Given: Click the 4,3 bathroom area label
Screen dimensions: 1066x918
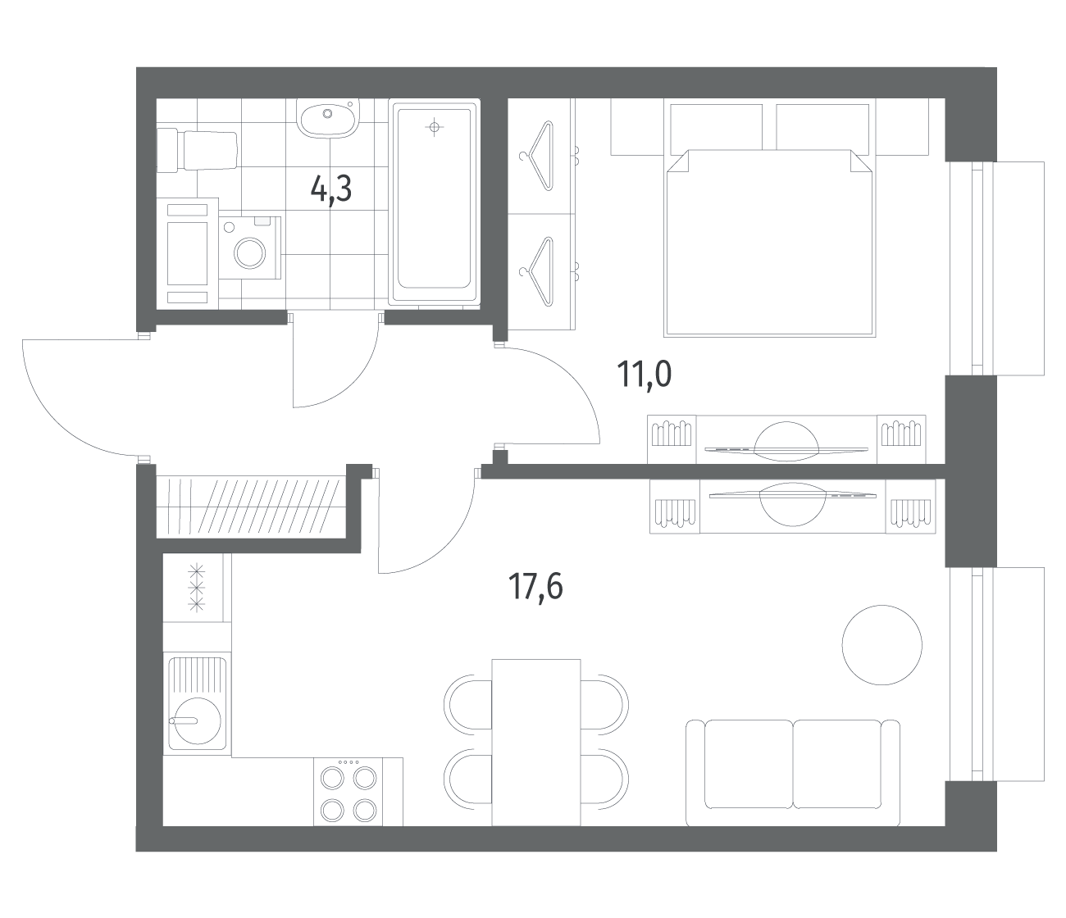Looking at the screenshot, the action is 331,189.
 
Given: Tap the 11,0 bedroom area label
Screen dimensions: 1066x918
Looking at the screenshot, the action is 645,375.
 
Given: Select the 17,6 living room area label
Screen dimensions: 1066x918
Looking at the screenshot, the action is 535,587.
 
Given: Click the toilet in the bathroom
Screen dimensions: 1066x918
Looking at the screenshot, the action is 197,151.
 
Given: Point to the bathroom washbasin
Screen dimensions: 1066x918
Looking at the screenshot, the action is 327,118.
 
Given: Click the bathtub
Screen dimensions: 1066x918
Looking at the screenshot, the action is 435,202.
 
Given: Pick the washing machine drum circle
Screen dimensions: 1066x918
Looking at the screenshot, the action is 249,253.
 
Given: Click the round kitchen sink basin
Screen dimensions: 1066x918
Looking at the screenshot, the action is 198,720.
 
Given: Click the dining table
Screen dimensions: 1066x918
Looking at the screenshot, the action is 535,743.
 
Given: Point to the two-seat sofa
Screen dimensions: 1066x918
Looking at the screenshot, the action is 793,773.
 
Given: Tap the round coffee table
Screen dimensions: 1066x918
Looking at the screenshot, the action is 881,645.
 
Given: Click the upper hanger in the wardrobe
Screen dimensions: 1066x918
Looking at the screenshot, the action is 537,156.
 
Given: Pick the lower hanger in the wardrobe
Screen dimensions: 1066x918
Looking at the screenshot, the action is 537,271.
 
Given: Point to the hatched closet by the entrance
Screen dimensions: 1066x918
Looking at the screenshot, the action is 251,507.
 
